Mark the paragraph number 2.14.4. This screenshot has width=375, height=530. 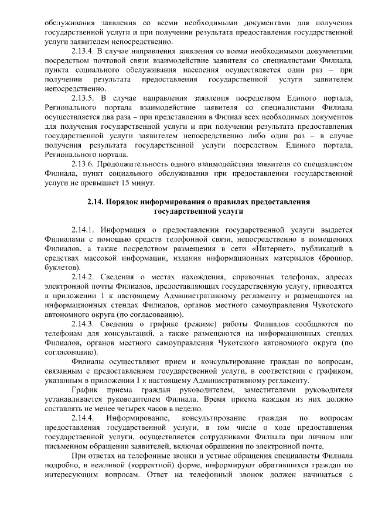(83, 418)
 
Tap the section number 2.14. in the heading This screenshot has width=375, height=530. (96, 201)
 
